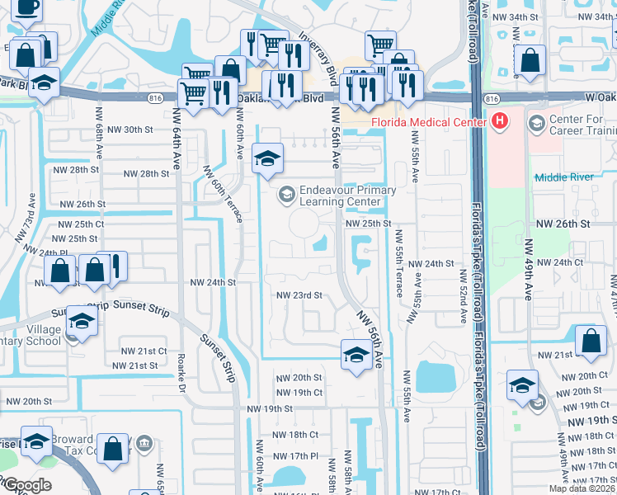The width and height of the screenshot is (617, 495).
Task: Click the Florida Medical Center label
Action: point(429,124)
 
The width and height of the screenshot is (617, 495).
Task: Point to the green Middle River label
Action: point(563,177)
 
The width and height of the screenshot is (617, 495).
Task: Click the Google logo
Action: point(26,485)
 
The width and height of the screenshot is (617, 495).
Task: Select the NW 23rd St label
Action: point(298,295)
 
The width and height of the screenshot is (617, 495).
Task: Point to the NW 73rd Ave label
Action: point(26,217)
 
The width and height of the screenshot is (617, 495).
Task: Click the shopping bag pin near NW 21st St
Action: point(591,342)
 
